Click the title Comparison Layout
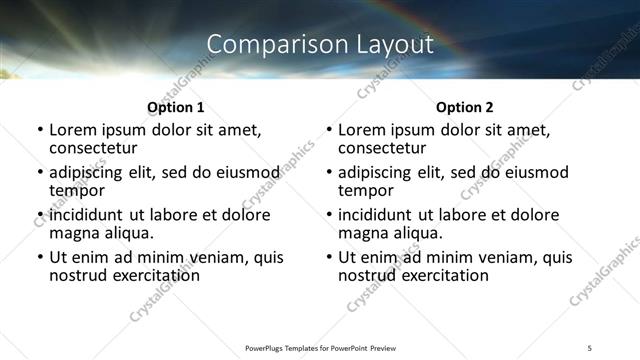click(x=320, y=44)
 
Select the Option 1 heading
click(x=175, y=107)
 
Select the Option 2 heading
click(x=464, y=107)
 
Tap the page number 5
click(x=590, y=347)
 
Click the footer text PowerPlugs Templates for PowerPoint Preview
click(x=319, y=347)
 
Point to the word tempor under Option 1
click(x=77, y=190)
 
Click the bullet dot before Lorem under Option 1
click(x=40, y=131)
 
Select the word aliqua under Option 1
click(x=126, y=233)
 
